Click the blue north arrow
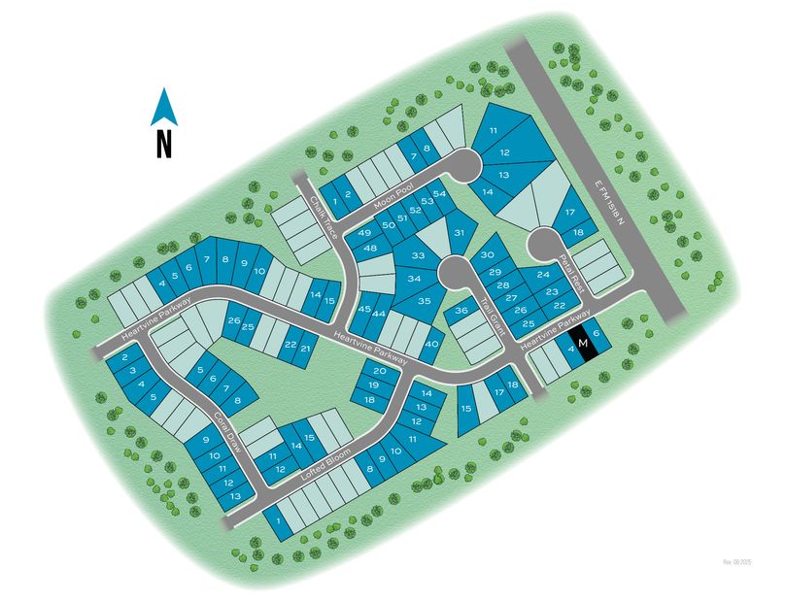(x=163, y=107)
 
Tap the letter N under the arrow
(x=163, y=145)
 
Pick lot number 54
(x=439, y=194)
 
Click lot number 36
(x=462, y=311)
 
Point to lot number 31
(x=461, y=234)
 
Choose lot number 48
(x=370, y=250)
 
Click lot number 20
(x=380, y=371)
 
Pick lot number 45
(x=365, y=310)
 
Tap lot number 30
(x=487, y=254)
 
